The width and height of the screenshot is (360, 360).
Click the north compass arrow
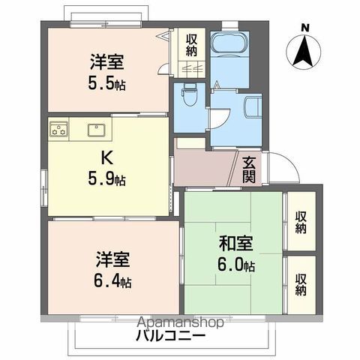pyautogui.click(x=304, y=52)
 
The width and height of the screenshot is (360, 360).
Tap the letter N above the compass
pyautogui.click(x=304, y=28)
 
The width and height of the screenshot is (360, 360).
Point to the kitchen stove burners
pyautogui.click(x=59, y=132)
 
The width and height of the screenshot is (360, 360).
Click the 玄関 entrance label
pyautogui.click(x=250, y=169)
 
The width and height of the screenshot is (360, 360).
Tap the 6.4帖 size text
pyautogui.click(x=113, y=282)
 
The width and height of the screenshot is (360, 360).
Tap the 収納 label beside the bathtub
pyautogui.click(x=193, y=46)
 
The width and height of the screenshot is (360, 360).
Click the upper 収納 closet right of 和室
pyautogui.click(x=301, y=223)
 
